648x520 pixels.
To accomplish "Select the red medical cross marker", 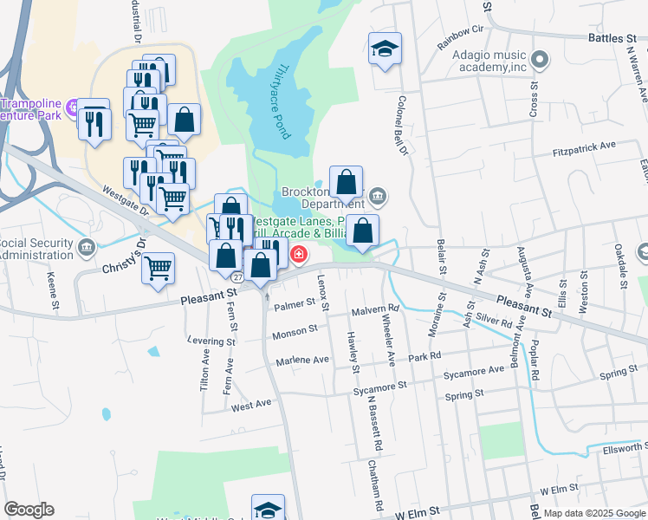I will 299,255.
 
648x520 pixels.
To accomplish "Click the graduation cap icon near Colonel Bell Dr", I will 385,49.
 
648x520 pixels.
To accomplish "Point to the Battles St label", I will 612,39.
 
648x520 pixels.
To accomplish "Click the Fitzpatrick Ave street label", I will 584,148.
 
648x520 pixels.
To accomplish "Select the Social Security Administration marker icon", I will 86,248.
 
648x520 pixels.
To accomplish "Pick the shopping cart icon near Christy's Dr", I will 158,267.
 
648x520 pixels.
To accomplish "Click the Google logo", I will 29,510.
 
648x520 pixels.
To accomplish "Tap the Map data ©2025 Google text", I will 593,513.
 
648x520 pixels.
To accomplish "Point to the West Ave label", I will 251,405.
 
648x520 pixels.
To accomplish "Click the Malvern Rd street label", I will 375,309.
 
